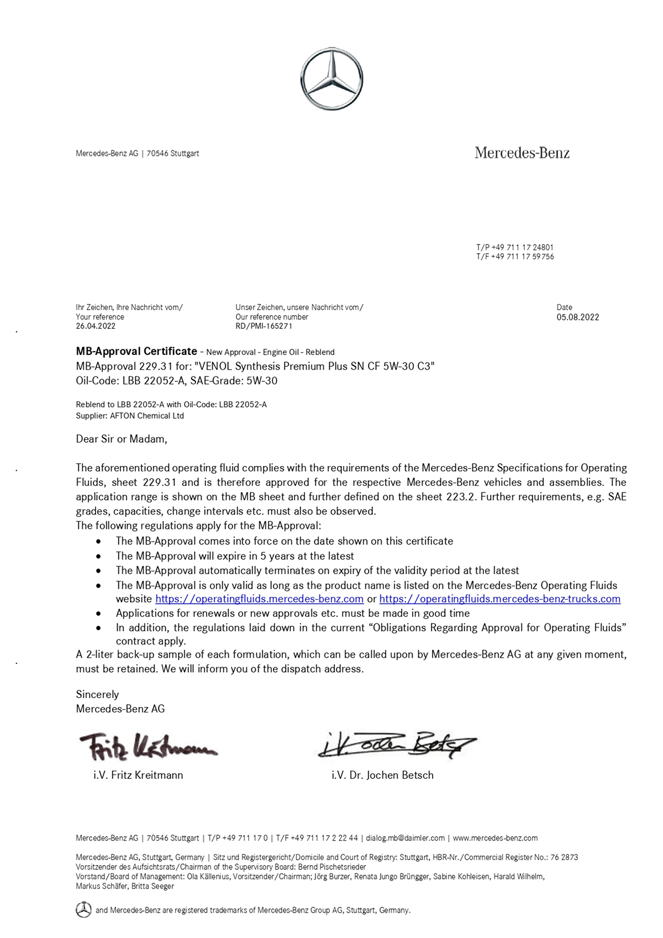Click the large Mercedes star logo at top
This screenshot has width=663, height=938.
tap(332, 78)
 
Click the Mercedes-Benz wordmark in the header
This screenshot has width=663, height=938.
tap(522, 153)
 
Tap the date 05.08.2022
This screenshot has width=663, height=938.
tap(577, 317)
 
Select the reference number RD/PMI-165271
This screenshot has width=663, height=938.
tap(264, 326)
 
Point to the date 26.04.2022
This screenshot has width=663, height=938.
tap(96, 326)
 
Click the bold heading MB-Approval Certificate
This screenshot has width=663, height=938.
tap(136, 352)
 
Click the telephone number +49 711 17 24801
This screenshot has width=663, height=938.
tap(522, 248)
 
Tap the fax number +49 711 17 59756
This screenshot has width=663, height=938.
tap(522, 256)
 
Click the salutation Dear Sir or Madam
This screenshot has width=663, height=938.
tap(122, 439)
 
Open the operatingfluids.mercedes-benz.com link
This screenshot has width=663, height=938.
tap(259, 599)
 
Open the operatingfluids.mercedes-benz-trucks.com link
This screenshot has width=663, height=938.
tap(499, 599)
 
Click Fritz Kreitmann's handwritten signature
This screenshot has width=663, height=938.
tap(148, 747)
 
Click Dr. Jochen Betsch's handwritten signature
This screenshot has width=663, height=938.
tap(397, 745)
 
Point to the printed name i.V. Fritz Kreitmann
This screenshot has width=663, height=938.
tap(138, 775)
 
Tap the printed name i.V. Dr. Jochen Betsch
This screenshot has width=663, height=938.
tap(382, 775)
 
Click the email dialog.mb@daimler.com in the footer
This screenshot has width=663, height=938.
tap(405, 838)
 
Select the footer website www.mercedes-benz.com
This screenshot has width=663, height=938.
tap(495, 838)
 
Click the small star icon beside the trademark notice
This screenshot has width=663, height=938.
tap(83, 910)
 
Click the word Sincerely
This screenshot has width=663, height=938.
tap(97, 695)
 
